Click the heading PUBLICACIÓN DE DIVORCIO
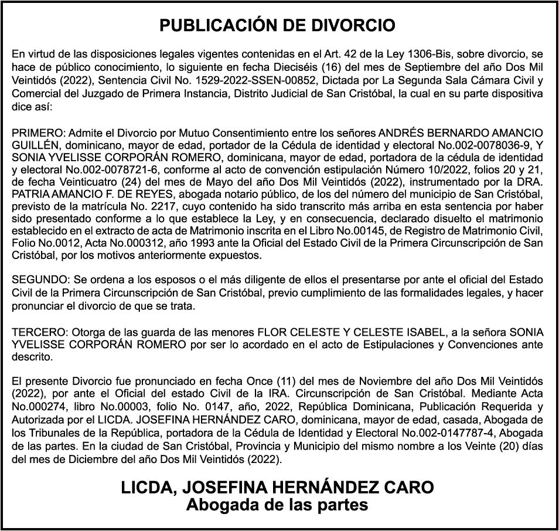tap(278, 26)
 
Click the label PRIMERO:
tap(34, 132)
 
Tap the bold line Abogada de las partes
tap(277, 504)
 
